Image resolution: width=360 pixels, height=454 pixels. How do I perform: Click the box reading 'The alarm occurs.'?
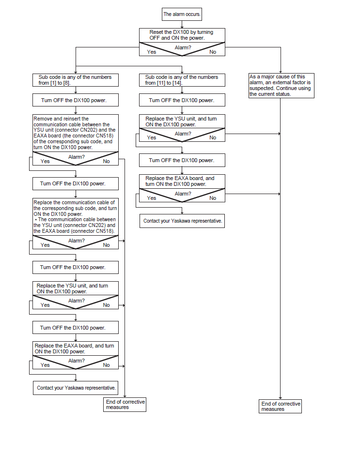pos(182,14)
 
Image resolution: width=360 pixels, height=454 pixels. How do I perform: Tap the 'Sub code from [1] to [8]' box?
pos(76,80)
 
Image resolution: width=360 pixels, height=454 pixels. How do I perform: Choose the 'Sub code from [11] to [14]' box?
pos(182,80)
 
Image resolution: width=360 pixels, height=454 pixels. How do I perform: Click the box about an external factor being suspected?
pos(281,85)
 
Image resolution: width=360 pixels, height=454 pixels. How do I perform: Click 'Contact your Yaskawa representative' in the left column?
pos(76,388)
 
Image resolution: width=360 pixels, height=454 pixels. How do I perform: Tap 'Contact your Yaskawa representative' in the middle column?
pos(182,221)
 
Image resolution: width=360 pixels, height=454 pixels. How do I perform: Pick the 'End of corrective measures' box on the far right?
pos(280,406)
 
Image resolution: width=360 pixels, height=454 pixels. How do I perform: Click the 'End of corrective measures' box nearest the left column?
pos(125,405)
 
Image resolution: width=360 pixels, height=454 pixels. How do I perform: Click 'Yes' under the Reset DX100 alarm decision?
pos(152,52)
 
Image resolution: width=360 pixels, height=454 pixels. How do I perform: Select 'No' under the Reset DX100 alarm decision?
pos(213,52)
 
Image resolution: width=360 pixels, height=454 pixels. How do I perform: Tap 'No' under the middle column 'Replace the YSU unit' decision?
pos(213,138)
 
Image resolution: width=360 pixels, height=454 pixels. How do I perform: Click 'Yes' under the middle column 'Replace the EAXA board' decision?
pos(152,198)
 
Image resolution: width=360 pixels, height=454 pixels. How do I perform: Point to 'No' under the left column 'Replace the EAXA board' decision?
pos(107,365)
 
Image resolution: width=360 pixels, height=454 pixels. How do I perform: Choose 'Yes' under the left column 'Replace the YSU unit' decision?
pos(45,305)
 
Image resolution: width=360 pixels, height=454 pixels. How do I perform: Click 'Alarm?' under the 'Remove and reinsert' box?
pos(77,157)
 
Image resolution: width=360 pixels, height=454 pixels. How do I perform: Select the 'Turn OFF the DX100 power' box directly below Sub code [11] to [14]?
pos(182,101)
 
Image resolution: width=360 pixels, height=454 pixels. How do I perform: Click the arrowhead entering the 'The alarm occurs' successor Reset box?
pos(182,27)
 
